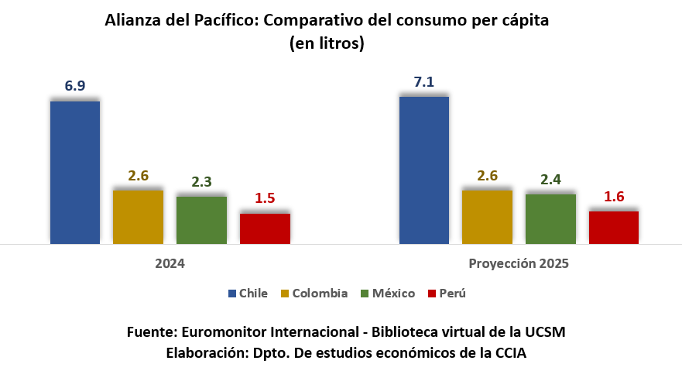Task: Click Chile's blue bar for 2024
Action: pyautogui.click(x=75, y=172)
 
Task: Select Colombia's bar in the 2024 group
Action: pyautogui.click(x=138, y=217)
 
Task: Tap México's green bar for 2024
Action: pyautogui.click(x=201, y=220)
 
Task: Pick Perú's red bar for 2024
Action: pyautogui.click(x=265, y=228)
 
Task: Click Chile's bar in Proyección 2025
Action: pyautogui.click(x=424, y=170)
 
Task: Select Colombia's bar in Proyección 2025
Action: pyautogui.click(x=487, y=217)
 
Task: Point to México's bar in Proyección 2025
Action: pyautogui.click(x=550, y=219)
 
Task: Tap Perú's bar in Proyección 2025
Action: pyautogui.click(x=614, y=228)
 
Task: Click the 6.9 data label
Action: pyautogui.click(x=75, y=87)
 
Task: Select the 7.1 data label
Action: pyautogui.click(x=424, y=82)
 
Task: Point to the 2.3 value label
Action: pyautogui.click(x=201, y=183)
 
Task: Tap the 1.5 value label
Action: pyautogui.click(x=265, y=199)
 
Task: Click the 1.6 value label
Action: pyautogui.click(x=614, y=197)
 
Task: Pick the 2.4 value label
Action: pyautogui.click(x=550, y=180)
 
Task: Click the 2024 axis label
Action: pyautogui.click(x=170, y=263)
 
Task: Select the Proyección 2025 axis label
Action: pyautogui.click(x=519, y=263)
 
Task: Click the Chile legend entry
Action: pyautogui.click(x=248, y=294)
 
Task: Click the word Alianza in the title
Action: pyautogui.click(x=132, y=21)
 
